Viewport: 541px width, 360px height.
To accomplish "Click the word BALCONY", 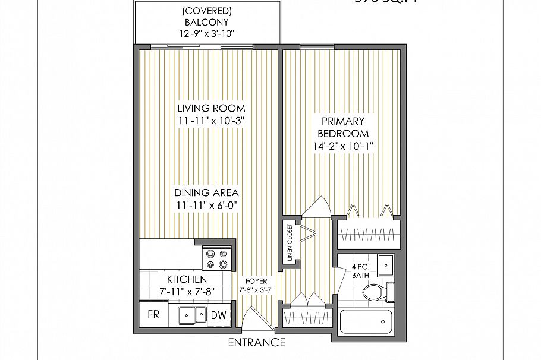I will pos(207,21).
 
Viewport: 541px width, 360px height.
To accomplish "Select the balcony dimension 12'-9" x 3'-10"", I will pos(207,33).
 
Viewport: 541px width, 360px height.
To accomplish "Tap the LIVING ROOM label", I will pos(211,108).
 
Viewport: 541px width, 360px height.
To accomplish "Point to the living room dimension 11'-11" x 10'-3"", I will pos(211,121).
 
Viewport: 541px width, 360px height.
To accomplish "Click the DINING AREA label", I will pos(206,193).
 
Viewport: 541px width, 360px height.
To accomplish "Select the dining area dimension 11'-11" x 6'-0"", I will pos(206,206).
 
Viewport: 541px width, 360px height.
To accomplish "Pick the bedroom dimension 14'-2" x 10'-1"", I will pos(343,146).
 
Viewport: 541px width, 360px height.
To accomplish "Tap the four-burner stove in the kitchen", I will pos(215,258).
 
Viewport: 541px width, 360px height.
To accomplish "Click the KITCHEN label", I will pos(187,279).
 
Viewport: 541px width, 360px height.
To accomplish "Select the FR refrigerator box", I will pos(153,315).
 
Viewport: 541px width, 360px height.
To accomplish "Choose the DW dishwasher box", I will pos(218,315).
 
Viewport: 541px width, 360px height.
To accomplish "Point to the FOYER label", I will pos(256,281).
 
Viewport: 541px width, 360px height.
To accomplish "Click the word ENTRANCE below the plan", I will pos(257,343).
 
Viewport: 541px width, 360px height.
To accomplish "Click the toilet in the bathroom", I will pos(376,292).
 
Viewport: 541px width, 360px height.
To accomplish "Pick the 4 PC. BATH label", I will pos(360,272).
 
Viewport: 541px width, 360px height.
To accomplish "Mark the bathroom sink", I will pos(386,262).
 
